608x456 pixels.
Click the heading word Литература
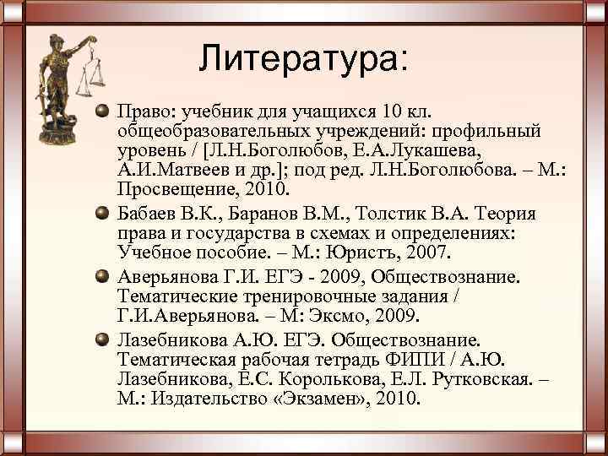tap(301, 58)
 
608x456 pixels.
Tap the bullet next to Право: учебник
tap(102, 112)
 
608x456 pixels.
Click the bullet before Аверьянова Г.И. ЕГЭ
tap(102, 277)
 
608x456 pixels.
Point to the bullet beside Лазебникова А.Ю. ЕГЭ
tap(102, 339)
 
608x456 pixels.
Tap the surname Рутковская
tap(468, 378)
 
